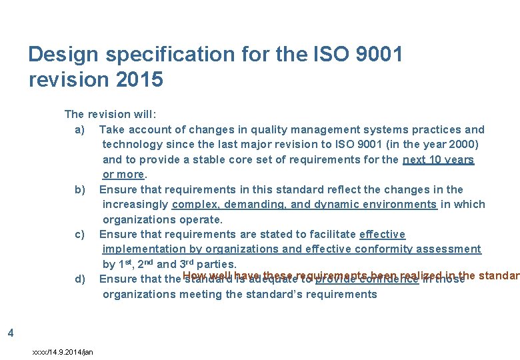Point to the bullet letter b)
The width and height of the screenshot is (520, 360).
coord(80,189)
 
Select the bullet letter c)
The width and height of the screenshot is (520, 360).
coord(80,234)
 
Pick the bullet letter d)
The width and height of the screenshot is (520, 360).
coord(80,279)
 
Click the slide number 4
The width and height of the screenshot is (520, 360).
coord(9,332)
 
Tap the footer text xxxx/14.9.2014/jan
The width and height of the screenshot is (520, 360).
coord(63,351)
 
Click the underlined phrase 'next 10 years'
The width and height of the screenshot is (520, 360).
coord(438,159)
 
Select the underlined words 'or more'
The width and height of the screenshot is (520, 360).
coord(123,174)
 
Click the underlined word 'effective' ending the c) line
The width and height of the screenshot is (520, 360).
coord(382,234)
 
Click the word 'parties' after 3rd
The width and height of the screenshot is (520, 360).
coord(213,264)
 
